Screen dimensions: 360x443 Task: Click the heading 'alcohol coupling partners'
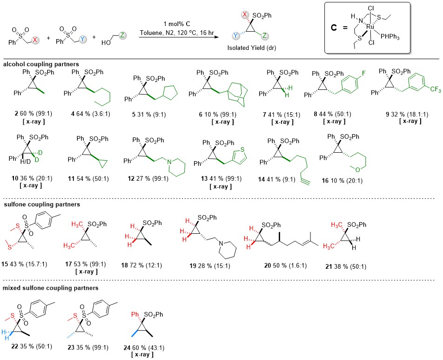[x=33, y=63]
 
